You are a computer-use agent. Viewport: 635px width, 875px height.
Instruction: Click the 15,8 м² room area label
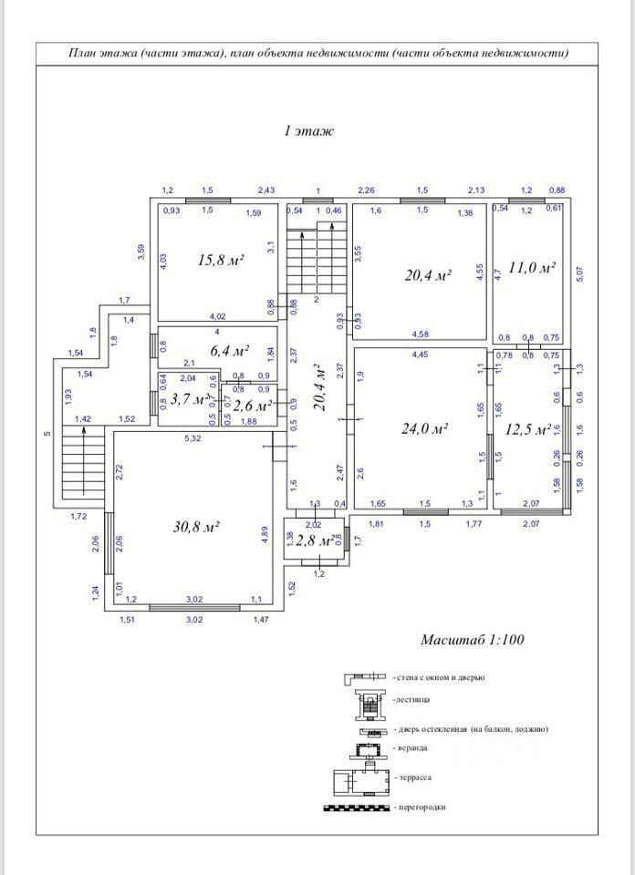(x=221, y=260)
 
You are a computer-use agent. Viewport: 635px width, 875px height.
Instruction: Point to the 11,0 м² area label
(x=532, y=268)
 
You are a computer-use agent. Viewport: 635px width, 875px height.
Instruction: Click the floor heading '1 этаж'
(x=309, y=131)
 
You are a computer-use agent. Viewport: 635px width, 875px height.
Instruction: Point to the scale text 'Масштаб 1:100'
(x=472, y=639)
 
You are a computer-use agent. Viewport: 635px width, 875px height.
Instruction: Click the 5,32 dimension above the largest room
(x=193, y=439)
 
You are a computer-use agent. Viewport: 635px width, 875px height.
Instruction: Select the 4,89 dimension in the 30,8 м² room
(x=265, y=535)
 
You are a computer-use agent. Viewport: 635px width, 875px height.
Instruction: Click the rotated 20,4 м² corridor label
(x=318, y=388)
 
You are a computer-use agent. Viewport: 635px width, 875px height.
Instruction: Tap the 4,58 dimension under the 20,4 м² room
(x=421, y=334)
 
